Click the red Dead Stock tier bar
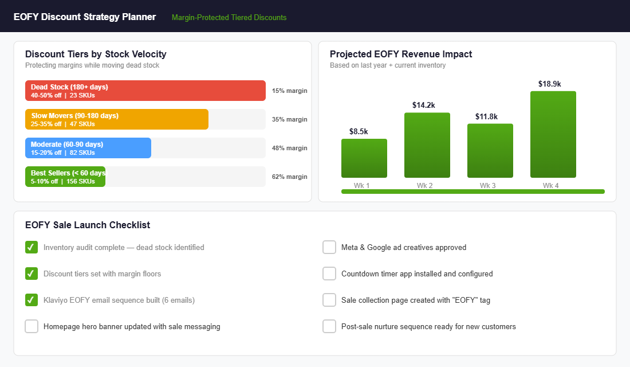coord(145,91)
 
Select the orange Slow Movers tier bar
coord(117,119)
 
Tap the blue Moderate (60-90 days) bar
coord(88,148)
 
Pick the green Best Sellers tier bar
coord(65,177)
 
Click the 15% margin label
coord(289,91)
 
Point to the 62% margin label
coord(289,177)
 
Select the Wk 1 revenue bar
coord(364,158)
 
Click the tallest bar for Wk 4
coord(553,135)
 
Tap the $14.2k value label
coord(424,105)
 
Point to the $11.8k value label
coord(487,116)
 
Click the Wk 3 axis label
coord(487,185)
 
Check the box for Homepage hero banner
coord(31,326)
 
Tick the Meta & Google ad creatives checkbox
coord(329,247)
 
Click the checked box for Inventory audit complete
coord(31,247)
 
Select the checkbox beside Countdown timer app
coord(329,274)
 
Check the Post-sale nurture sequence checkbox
coord(329,326)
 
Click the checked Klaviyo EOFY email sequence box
coord(31,300)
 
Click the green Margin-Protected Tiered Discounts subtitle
coord(229,17)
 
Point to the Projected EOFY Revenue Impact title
coord(401,54)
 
